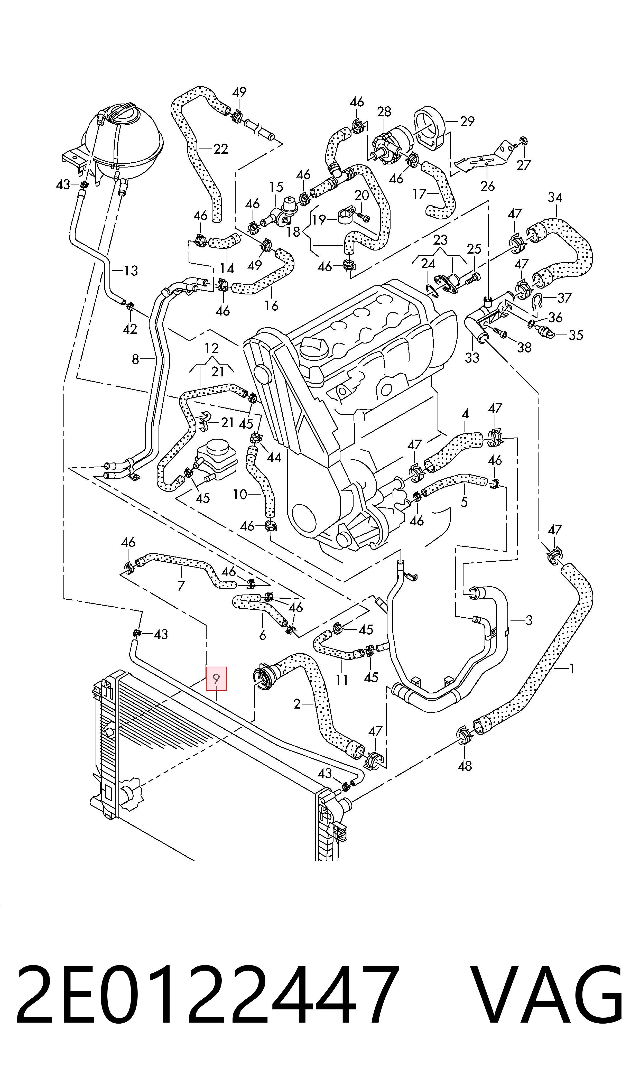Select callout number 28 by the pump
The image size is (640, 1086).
click(x=384, y=112)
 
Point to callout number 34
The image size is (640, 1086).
click(x=555, y=198)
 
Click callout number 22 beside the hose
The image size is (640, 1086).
click(x=220, y=149)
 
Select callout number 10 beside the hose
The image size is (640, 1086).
click(x=240, y=495)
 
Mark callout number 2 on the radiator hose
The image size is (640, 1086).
click(x=297, y=704)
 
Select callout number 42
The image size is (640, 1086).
click(x=130, y=329)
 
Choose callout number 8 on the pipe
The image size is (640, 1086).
click(x=135, y=359)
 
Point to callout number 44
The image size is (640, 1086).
click(x=274, y=457)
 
